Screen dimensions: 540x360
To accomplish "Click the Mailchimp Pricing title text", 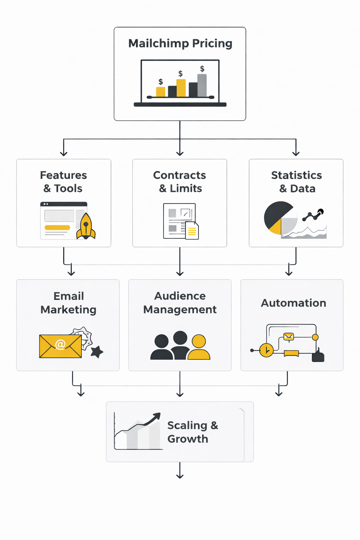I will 180,43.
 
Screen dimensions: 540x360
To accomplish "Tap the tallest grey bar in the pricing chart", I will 202,85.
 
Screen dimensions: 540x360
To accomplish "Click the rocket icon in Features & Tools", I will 86,227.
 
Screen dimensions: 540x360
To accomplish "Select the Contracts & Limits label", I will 180,181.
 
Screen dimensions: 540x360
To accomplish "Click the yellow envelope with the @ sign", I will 60,346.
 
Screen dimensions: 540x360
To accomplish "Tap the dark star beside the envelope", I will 97,351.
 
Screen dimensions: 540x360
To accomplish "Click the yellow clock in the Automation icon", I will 266,350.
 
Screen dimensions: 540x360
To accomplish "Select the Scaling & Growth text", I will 192,432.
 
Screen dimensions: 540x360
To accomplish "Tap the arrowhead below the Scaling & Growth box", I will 180,476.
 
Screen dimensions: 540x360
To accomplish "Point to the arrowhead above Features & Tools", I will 64,153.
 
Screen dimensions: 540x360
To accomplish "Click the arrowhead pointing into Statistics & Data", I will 296,153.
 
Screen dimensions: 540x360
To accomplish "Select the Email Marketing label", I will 69,303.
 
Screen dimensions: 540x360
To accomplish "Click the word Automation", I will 293,303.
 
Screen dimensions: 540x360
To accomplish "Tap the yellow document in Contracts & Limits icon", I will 192,231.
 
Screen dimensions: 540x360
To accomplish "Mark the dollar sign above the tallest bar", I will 202,69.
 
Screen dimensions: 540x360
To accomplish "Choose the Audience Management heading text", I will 180,303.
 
